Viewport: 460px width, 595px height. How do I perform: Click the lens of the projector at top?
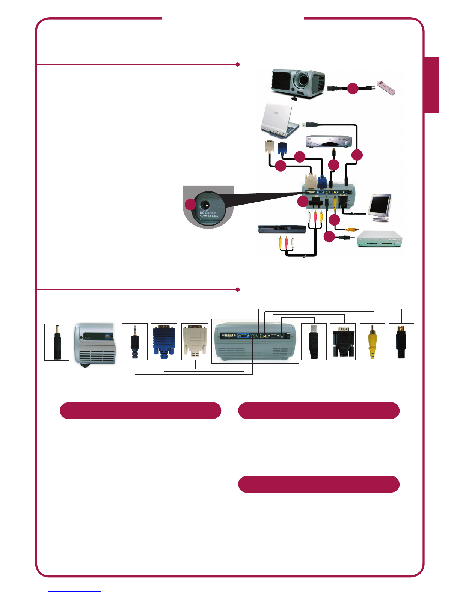pos(301,79)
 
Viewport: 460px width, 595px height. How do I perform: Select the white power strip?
pos(386,87)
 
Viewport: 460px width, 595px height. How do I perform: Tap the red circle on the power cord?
pos(353,89)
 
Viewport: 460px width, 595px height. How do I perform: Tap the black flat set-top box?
pos(282,229)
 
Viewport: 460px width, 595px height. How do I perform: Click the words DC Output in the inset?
pos(208,213)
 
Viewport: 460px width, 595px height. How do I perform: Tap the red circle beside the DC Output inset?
pos(190,205)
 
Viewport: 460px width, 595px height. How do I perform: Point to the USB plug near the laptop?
pos(310,124)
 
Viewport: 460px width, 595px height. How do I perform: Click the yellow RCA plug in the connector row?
pos(372,342)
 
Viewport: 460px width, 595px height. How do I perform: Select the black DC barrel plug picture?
pos(57,342)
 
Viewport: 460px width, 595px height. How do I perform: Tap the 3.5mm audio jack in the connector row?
pos(135,342)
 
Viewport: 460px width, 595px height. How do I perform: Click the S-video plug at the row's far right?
pos(401,342)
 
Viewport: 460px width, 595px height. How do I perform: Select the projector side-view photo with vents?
pos(95,345)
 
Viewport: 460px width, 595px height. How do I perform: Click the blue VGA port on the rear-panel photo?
pos(243,335)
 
